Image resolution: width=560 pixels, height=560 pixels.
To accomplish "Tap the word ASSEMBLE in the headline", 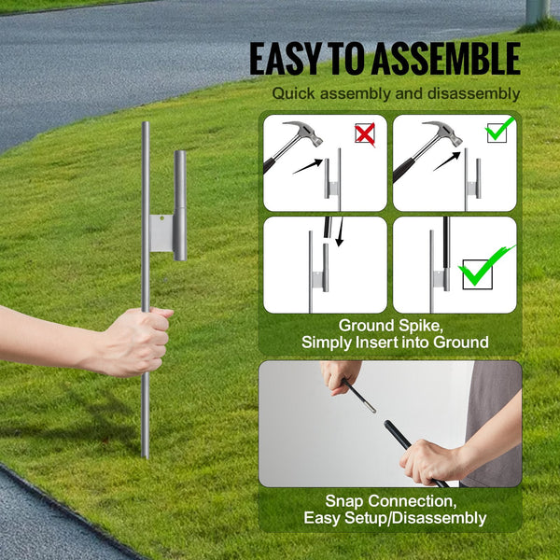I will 444,59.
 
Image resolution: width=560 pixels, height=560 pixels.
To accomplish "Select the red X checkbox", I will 364,134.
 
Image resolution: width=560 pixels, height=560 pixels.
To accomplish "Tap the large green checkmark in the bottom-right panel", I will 485,267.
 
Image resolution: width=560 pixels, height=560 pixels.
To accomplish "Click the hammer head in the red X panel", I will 302,133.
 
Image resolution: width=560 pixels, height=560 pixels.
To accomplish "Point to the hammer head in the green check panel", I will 440,133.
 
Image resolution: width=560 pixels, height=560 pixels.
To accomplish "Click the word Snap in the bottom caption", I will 343,501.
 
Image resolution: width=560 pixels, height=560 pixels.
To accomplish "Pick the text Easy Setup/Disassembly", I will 395,518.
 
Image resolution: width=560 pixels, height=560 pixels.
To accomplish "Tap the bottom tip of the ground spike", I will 145,454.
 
